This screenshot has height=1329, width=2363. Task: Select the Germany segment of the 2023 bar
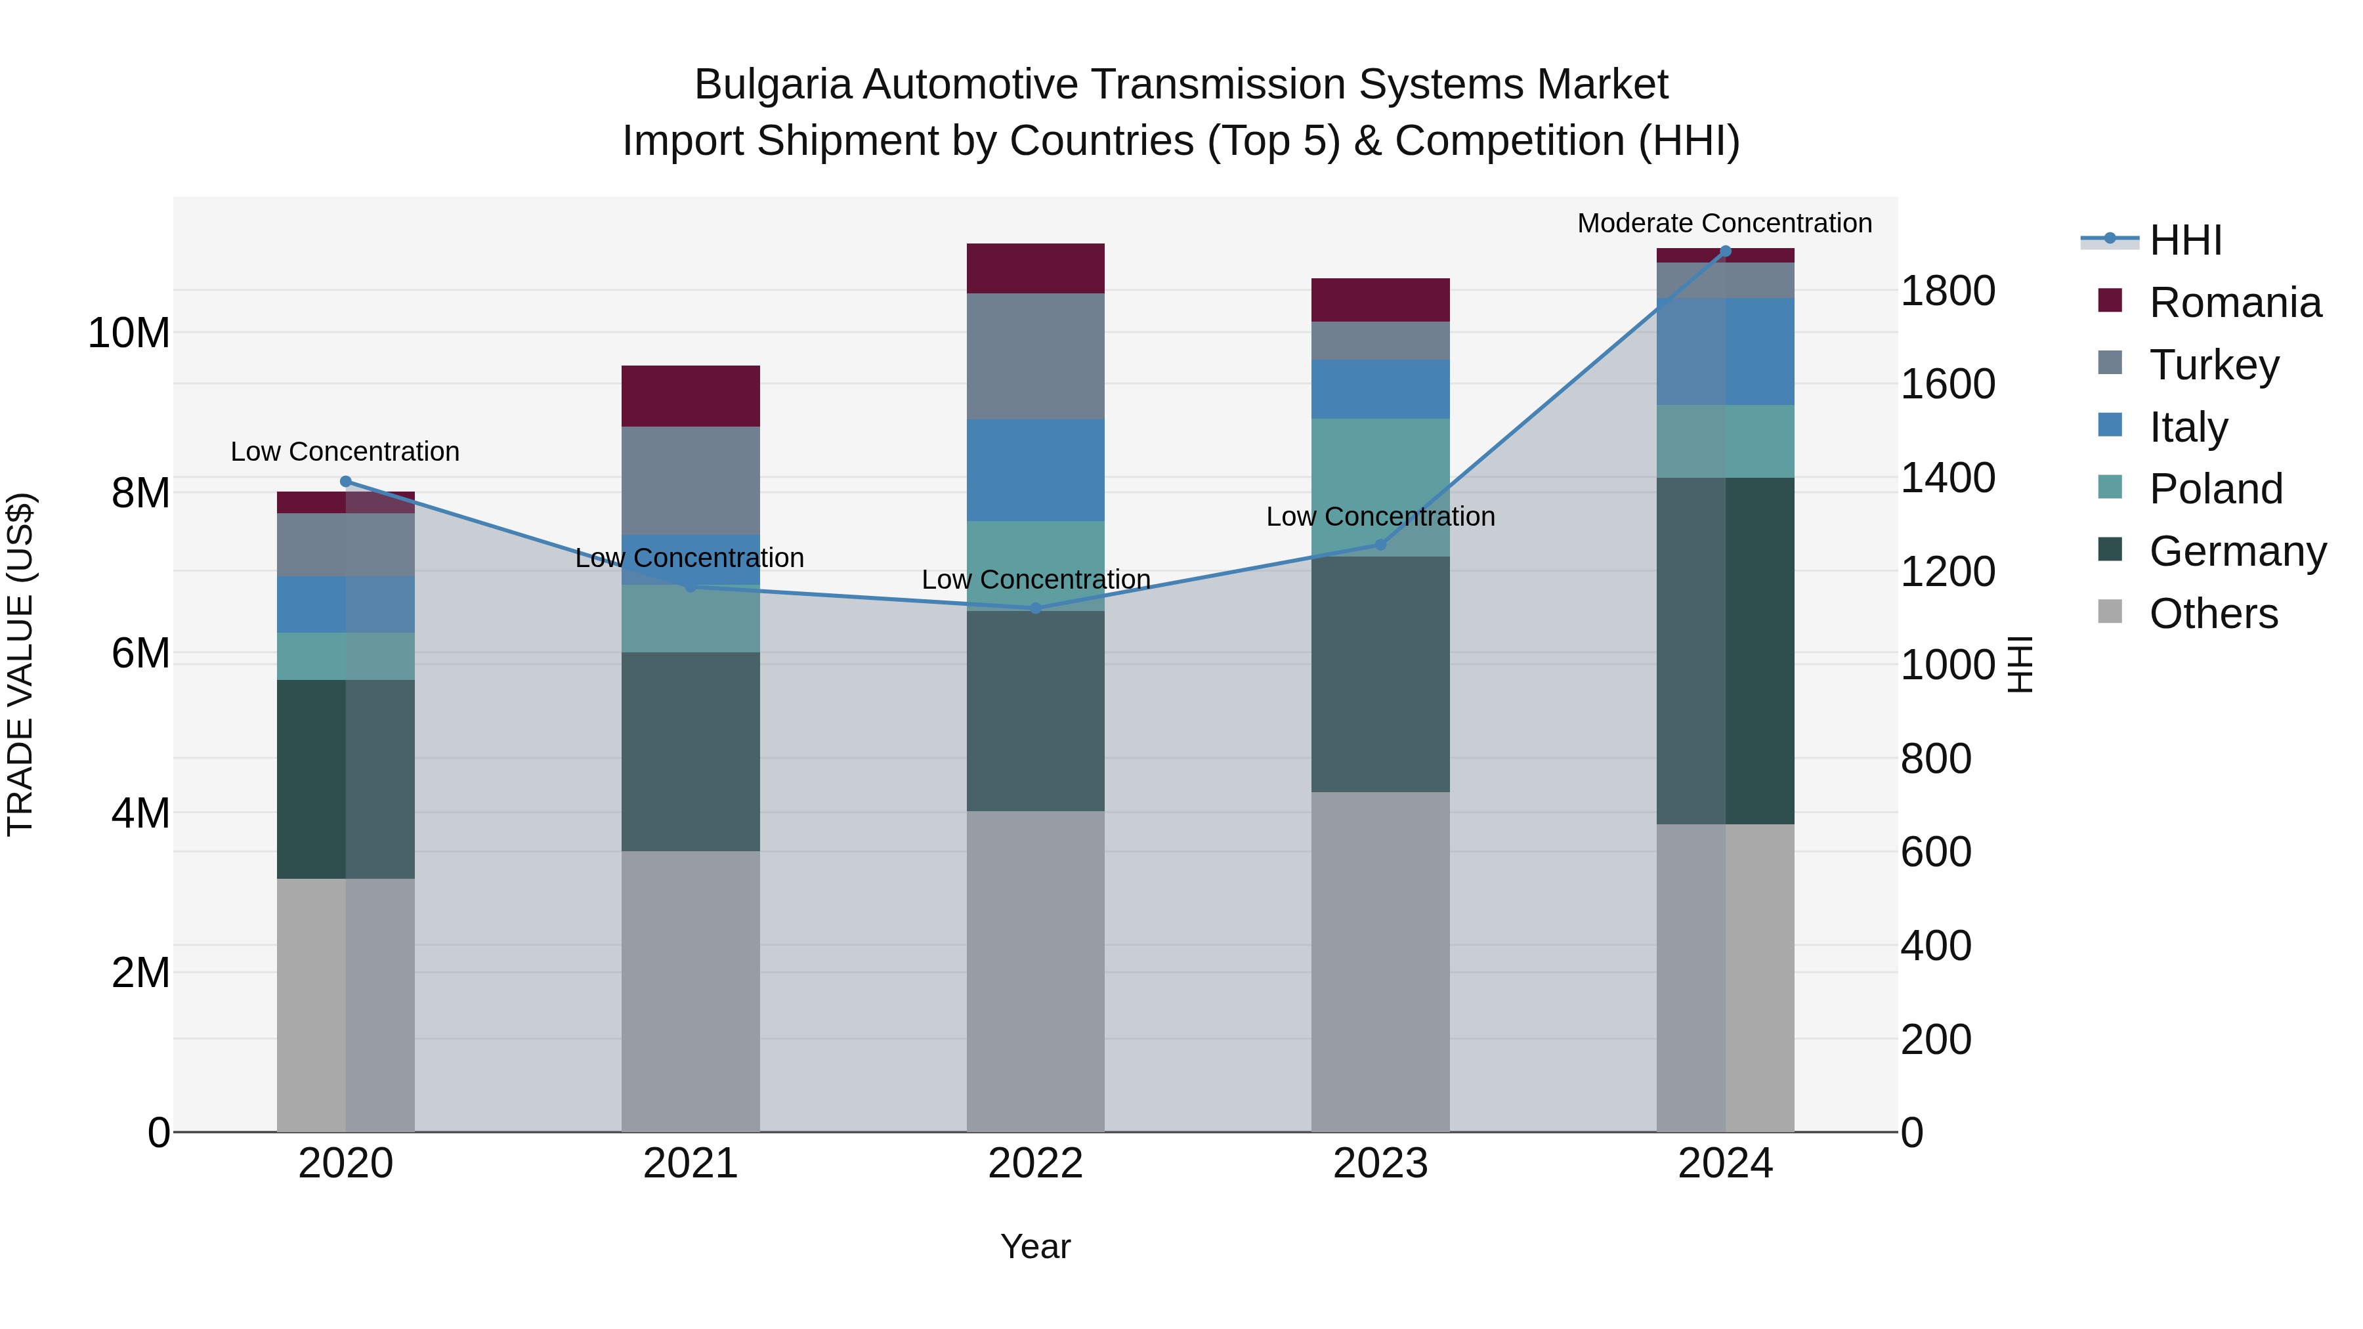(1380, 674)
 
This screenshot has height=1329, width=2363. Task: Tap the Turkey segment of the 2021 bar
(690, 480)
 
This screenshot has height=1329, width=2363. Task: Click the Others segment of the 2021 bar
(690, 990)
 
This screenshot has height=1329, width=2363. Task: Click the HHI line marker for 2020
(346, 482)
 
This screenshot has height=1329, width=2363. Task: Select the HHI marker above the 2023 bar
(1380, 545)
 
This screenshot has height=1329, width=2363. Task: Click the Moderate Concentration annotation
(1724, 223)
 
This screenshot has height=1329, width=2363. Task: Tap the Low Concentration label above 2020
(345, 452)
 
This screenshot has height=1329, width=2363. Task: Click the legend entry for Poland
(2215, 489)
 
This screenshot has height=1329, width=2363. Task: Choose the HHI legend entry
(2185, 240)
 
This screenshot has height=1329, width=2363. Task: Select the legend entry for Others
(2213, 614)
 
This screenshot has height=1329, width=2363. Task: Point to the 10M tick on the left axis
(129, 332)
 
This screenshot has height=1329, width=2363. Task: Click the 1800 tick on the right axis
(1947, 291)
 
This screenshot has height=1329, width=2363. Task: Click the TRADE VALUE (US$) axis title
(20, 664)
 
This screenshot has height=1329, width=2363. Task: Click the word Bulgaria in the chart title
(773, 85)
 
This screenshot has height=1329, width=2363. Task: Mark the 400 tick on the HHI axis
(1936, 946)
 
